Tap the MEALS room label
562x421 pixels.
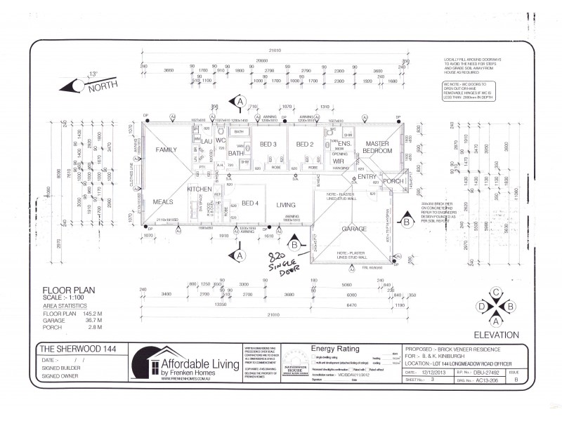(163, 201)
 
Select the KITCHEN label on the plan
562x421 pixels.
(199, 190)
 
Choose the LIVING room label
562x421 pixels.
(286, 205)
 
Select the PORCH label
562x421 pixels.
(393, 181)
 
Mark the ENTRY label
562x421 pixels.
(367, 177)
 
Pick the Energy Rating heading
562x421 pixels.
(334, 348)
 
